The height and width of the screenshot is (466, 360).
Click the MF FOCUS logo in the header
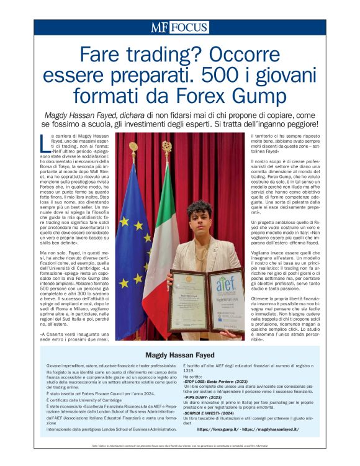pyautogui.click(x=179, y=28)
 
